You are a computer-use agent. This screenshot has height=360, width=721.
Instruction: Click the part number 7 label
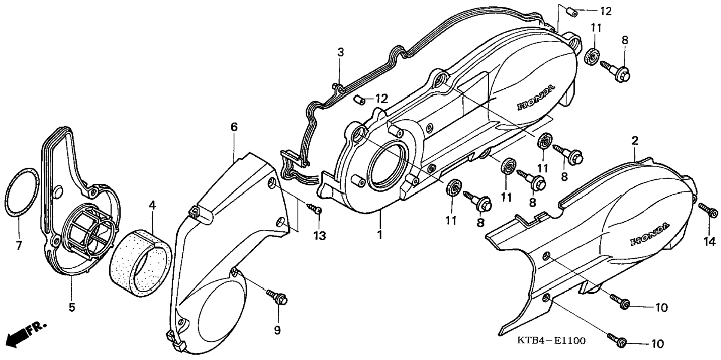(19, 245)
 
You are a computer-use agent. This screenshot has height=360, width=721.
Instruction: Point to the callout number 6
(234, 127)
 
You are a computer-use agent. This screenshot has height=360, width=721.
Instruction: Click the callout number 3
(340, 52)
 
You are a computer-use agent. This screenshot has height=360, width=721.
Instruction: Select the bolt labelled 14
(708, 210)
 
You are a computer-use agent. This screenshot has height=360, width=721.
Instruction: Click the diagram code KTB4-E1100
(551, 341)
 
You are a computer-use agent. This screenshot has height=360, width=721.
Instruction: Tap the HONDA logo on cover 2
(649, 235)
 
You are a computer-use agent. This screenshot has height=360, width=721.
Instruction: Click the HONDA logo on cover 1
(535, 98)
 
